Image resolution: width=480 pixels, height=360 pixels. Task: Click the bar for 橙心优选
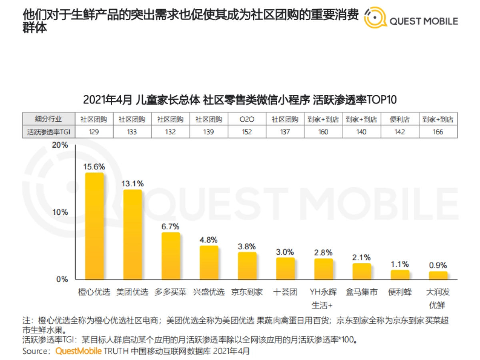pos(94,226)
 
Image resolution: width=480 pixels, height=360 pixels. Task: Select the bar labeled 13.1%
pos(132,234)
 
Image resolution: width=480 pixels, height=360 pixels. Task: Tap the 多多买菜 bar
pos(170,256)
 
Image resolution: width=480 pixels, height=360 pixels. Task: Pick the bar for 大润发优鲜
pos(438,275)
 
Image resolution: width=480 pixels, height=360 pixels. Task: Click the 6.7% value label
pos(170,226)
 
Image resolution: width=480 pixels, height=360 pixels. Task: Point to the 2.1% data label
pos(362,257)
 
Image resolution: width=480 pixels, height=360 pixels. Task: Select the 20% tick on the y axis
pos(60,145)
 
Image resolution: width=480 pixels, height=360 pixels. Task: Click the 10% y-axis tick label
pos(60,212)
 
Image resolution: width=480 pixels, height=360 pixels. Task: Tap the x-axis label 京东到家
pos(247,292)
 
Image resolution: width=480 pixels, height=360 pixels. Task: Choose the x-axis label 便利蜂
pos(400,292)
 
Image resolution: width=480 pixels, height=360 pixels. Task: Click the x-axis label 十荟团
pos(285,292)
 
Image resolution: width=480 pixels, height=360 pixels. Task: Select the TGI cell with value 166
pos(438,132)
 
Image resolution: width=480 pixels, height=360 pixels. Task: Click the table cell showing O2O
pos(247,119)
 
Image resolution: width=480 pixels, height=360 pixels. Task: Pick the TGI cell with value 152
pos(247,132)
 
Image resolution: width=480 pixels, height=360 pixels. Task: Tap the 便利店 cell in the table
pos(400,119)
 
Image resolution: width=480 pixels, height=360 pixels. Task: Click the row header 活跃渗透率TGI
pos(48,132)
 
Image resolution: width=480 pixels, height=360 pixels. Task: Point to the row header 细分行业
pos(48,119)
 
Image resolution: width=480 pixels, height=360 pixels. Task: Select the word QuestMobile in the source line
pos(78,352)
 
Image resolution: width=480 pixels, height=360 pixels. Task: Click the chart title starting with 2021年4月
pos(240,100)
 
